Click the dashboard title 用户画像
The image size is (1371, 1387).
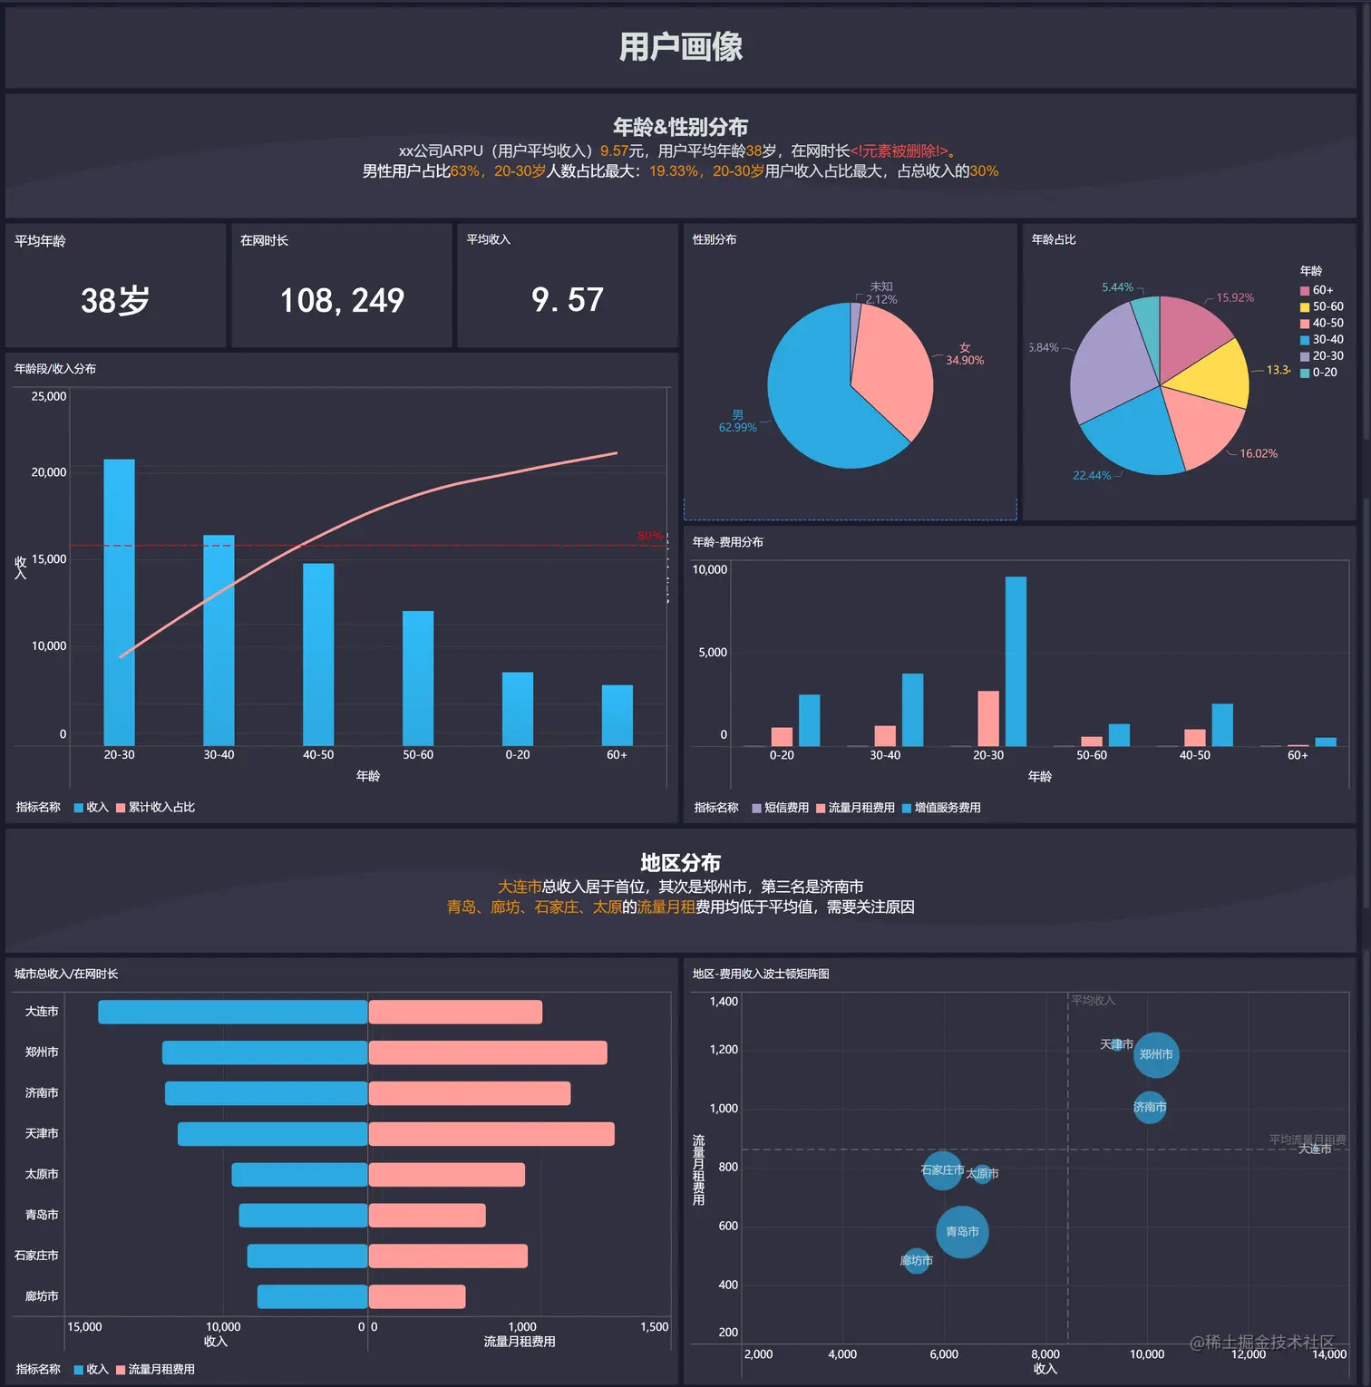(680, 46)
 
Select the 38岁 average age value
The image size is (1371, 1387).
(115, 300)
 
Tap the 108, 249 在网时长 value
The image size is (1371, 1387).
(342, 300)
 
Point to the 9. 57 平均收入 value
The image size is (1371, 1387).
(568, 299)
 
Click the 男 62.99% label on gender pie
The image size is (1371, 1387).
(737, 422)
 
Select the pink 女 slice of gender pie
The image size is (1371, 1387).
(889, 367)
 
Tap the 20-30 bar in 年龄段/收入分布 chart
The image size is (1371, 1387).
(119, 602)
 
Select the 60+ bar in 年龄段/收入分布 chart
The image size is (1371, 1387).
(617, 715)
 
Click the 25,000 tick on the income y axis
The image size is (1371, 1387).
(49, 396)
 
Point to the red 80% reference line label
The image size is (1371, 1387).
(649, 536)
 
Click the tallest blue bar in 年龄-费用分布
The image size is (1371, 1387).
(1016, 661)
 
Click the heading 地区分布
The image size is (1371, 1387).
(680, 862)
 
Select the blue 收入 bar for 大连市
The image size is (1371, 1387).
(232, 1012)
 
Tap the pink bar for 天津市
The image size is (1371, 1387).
(491, 1134)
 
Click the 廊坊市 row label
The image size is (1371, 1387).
(42, 1296)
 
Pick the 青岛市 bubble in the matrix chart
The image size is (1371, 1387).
(962, 1232)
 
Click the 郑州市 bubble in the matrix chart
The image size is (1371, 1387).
(1156, 1054)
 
